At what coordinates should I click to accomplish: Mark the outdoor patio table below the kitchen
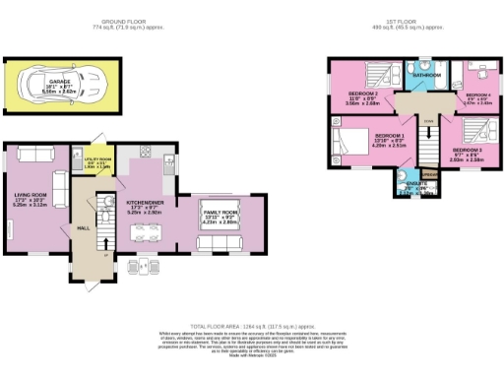[143, 265]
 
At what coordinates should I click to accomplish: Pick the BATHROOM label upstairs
[425, 75]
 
